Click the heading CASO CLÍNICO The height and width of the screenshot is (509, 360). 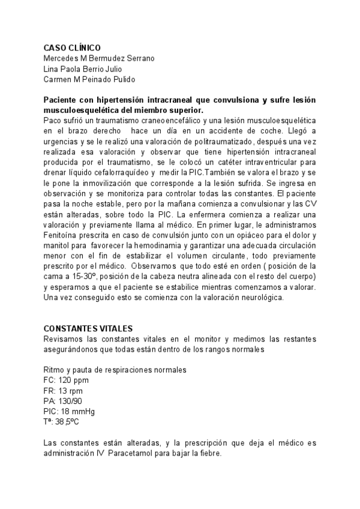tap(73, 48)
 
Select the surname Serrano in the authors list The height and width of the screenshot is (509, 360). tap(139, 58)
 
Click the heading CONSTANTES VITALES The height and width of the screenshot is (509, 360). tap(88, 328)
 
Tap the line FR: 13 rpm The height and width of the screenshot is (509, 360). tap(63, 391)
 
